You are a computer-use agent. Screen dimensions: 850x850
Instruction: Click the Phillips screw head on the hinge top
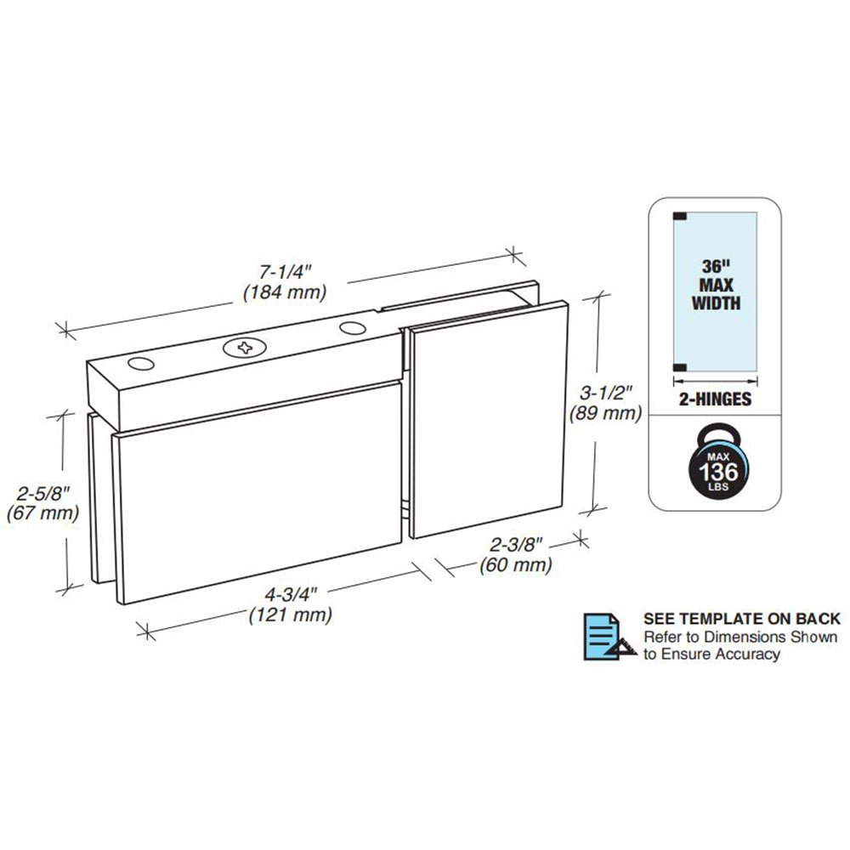[245, 348]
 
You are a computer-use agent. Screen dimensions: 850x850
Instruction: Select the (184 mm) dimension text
[285, 292]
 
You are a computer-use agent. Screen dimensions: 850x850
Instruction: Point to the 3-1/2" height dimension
[605, 392]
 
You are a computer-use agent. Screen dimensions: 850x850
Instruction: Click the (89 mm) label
[605, 414]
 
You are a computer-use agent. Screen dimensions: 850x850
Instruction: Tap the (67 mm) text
[42, 513]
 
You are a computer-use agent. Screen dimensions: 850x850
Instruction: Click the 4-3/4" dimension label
[290, 595]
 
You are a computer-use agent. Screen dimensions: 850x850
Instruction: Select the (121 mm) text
[291, 615]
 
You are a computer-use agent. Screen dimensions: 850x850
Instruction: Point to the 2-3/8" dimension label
[516, 544]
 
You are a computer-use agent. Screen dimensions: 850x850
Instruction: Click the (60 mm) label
[516, 565]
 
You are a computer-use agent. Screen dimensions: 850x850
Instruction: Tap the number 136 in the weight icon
[717, 472]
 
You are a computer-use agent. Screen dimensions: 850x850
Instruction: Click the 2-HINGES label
[716, 399]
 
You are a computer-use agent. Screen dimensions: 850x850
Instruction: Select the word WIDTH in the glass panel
[716, 303]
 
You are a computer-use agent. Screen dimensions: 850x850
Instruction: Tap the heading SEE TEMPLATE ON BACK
[742, 619]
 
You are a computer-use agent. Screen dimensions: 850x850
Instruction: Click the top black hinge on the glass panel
[680, 216]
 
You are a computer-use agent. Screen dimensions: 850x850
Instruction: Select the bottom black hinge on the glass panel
[680, 367]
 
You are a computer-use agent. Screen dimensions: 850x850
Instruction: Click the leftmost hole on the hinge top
[141, 364]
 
